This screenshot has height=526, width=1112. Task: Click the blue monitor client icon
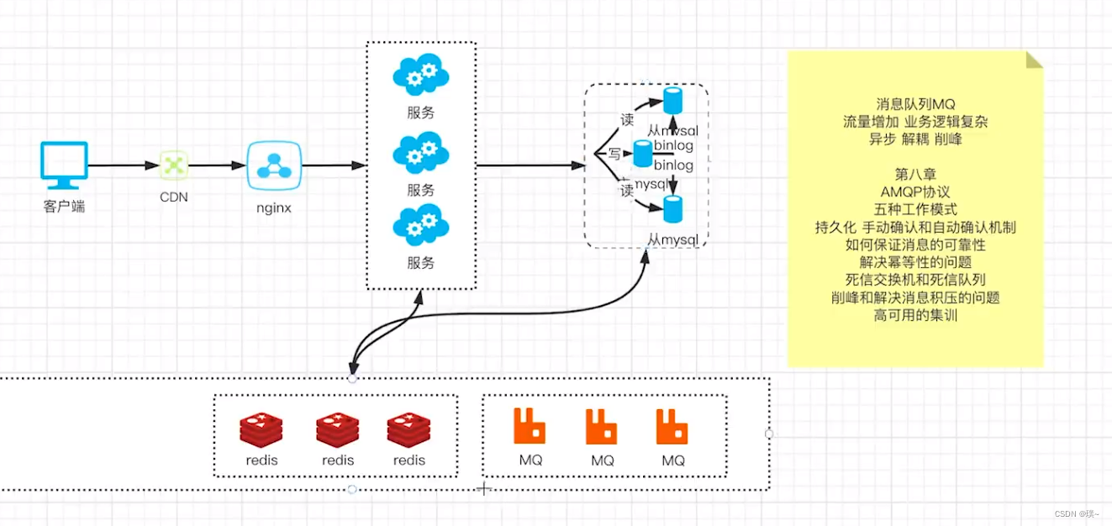click(64, 165)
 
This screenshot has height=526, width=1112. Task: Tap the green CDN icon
click(174, 166)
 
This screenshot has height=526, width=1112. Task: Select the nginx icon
click(274, 166)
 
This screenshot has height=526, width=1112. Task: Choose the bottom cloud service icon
click(420, 225)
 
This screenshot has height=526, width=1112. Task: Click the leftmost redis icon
click(261, 430)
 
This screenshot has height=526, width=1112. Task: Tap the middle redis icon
click(338, 430)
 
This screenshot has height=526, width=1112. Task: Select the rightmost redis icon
click(409, 430)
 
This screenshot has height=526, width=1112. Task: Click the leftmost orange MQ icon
click(530, 427)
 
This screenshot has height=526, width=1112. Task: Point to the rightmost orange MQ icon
click(672, 427)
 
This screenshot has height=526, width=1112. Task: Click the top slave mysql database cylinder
click(672, 101)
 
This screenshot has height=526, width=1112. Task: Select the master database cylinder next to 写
click(643, 154)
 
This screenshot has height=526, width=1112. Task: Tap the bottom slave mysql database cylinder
click(672, 208)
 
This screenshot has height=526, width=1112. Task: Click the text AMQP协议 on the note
click(915, 192)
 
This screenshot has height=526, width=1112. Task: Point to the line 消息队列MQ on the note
click(915, 104)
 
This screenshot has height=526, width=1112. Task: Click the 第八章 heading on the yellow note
click(915, 174)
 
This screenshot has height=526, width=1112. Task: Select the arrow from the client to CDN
click(124, 166)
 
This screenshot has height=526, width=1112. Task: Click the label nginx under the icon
click(274, 208)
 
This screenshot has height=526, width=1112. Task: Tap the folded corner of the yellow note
click(1035, 59)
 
